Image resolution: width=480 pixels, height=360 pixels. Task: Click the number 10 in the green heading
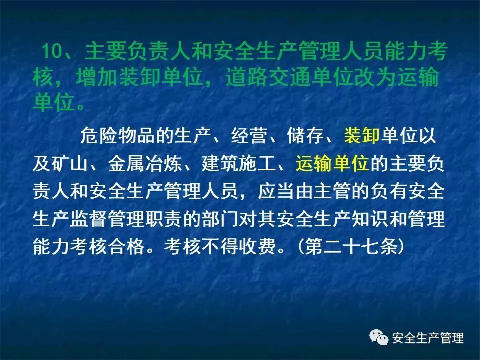click(x=51, y=51)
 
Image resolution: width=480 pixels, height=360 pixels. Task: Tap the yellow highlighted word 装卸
click(x=362, y=135)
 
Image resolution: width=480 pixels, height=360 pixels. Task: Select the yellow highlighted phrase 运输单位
click(x=332, y=163)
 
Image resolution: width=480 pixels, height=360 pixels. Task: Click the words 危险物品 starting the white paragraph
click(x=118, y=135)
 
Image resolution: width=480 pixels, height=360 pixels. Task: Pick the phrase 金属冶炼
click(x=145, y=163)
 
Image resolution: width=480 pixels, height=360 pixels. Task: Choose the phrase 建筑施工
click(x=239, y=163)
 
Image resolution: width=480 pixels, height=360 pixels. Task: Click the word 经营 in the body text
click(x=249, y=135)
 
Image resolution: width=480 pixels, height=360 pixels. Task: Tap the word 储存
click(x=305, y=135)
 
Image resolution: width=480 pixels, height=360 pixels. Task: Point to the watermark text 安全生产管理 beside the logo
click(x=428, y=338)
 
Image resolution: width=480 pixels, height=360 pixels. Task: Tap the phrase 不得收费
click(x=239, y=246)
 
